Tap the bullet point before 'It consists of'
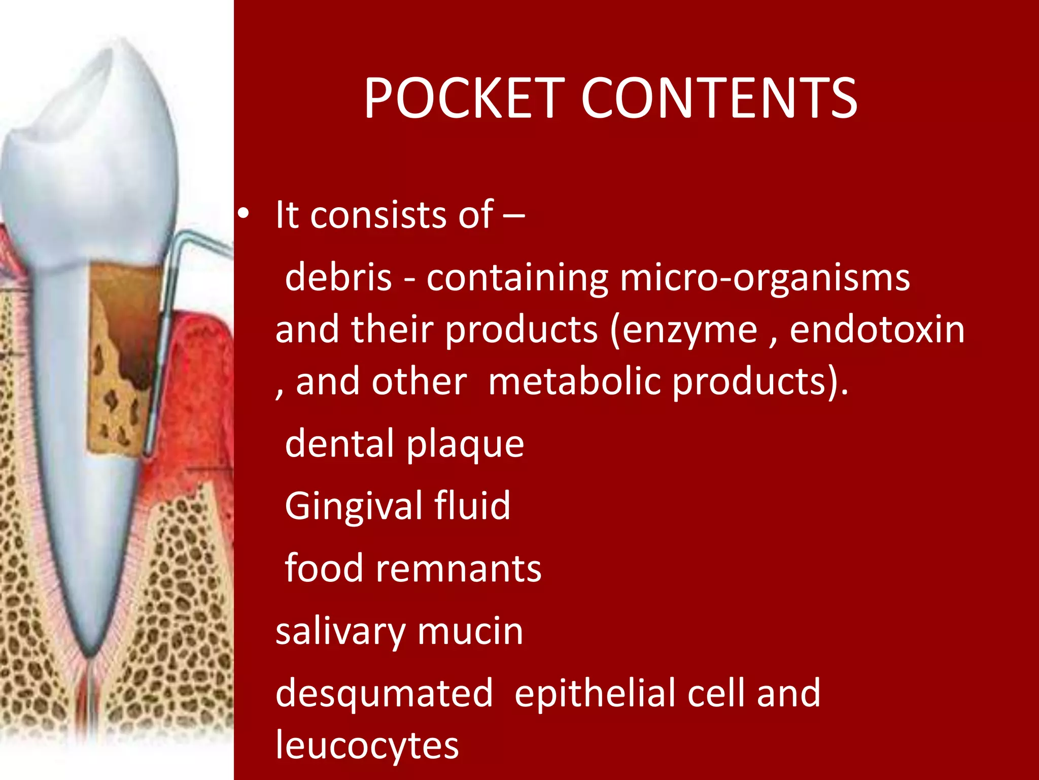[x=244, y=215]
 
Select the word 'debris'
[x=338, y=278]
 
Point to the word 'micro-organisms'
[x=765, y=279]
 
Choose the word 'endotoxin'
[x=877, y=330]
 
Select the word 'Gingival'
[x=354, y=507]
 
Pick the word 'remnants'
[x=458, y=568]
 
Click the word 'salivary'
[x=340, y=632]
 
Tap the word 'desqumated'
[x=384, y=694]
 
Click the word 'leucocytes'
[x=367, y=745]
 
